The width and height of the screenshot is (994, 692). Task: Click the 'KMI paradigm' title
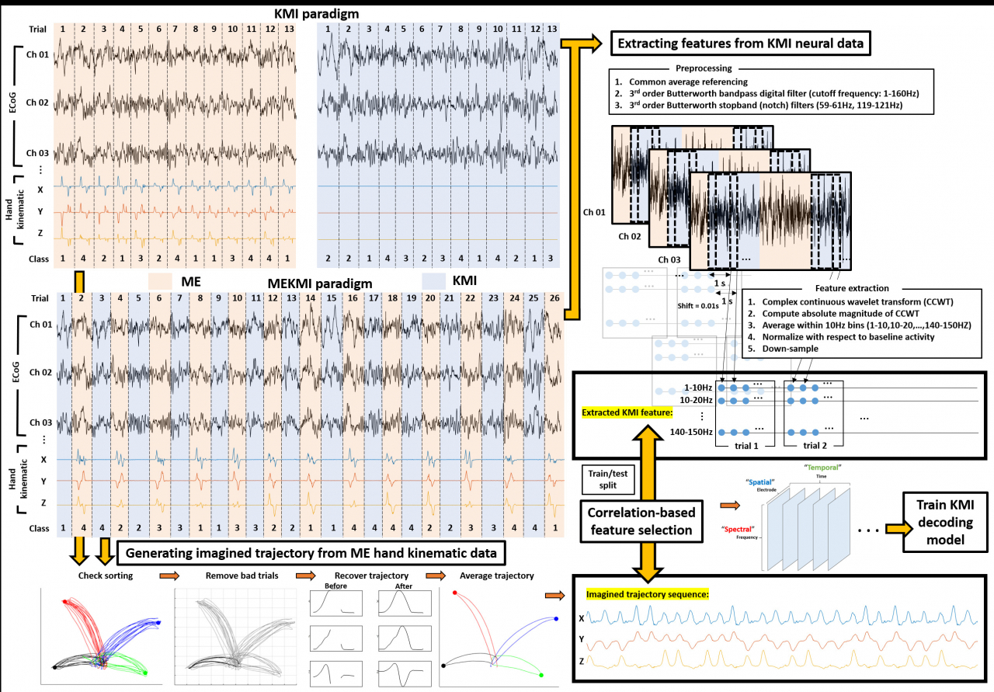(x=317, y=14)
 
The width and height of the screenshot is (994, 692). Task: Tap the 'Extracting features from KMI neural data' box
(x=739, y=43)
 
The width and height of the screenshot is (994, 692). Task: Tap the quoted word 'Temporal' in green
(x=825, y=468)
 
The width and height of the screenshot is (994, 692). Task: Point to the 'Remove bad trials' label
(x=238, y=576)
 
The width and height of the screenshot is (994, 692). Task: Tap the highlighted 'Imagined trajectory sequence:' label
(x=648, y=595)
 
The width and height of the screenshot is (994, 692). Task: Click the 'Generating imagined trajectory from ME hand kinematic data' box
(x=311, y=553)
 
